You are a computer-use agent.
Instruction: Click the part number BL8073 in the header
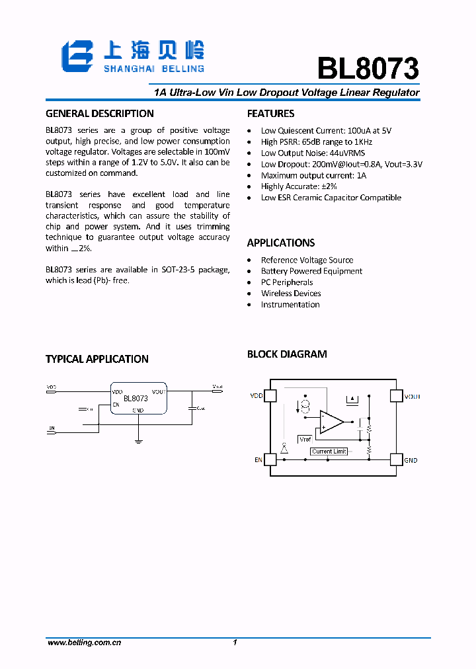[368, 68]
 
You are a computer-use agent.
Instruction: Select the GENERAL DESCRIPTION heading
[100, 113]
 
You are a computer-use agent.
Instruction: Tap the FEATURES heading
[271, 113]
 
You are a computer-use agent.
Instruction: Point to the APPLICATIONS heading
[281, 243]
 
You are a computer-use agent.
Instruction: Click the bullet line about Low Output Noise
[313, 153]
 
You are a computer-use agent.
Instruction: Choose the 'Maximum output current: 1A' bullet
[313, 175]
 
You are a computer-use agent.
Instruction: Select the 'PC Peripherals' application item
[287, 282]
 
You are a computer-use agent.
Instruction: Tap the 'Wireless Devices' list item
[291, 294]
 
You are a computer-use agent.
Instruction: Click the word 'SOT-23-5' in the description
[180, 269]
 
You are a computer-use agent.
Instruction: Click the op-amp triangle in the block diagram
[331, 421]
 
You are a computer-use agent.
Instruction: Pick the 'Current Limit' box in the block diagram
[329, 452]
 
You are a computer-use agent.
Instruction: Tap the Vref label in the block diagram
[305, 439]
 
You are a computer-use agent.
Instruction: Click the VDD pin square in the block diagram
[270, 396]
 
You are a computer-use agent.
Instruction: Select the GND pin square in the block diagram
[395, 459]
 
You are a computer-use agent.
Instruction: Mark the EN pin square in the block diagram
[270, 459]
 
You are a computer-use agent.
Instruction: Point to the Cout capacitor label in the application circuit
[200, 408]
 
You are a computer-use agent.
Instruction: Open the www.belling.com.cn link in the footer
[84, 643]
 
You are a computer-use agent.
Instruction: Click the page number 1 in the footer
[235, 643]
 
